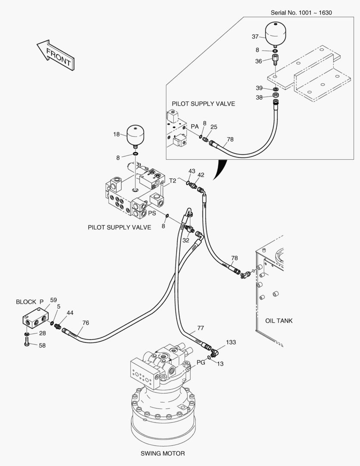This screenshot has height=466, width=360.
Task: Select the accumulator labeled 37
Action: click(x=276, y=34)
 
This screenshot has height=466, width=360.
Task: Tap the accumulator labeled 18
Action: click(x=135, y=136)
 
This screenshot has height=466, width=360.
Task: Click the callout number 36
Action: click(x=258, y=61)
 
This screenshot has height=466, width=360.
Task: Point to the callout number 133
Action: click(x=231, y=342)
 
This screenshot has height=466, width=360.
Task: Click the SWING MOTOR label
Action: click(x=163, y=453)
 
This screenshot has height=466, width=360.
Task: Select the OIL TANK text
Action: click(x=279, y=321)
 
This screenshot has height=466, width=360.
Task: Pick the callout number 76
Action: click(x=85, y=322)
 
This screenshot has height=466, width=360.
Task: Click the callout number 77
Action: click(x=200, y=327)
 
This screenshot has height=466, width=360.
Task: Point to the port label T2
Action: click(x=172, y=181)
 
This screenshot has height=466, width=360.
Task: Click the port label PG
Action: click(x=200, y=362)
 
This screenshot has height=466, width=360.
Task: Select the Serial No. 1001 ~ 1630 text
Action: click(x=301, y=12)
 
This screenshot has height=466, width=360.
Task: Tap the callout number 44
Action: click(x=69, y=312)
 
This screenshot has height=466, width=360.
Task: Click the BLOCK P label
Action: click(x=30, y=302)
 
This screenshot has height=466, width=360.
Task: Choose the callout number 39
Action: click(x=259, y=88)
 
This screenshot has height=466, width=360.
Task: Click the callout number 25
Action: click(x=214, y=127)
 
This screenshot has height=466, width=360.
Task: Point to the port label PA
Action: click(x=194, y=126)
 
